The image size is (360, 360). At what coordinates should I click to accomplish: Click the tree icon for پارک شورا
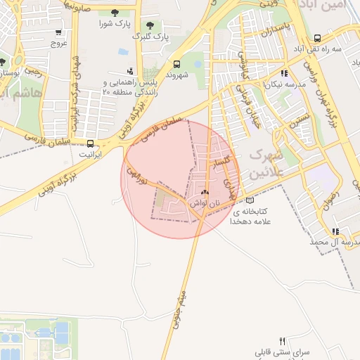[115, 12]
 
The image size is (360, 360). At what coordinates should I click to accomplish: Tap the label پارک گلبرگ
[152, 35]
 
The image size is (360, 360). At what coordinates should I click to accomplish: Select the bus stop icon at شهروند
[176, 63]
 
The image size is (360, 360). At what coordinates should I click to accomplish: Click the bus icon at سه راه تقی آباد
[317, 39]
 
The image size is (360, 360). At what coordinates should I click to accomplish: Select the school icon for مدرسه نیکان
[283, 73]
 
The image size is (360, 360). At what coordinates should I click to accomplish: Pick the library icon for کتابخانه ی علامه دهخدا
[250, 200]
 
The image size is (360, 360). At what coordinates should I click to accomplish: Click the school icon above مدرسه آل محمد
[335, 231]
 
